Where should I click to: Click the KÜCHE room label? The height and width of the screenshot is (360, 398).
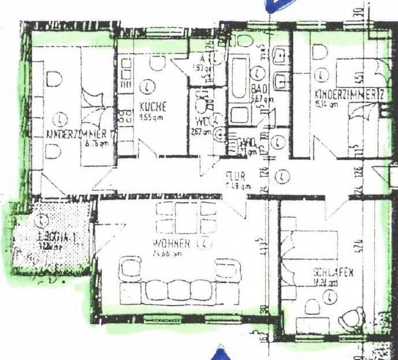pos(152,107)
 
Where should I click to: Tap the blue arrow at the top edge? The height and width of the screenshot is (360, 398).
pos(276,6)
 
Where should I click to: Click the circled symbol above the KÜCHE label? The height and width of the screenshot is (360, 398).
pos(150,86)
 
